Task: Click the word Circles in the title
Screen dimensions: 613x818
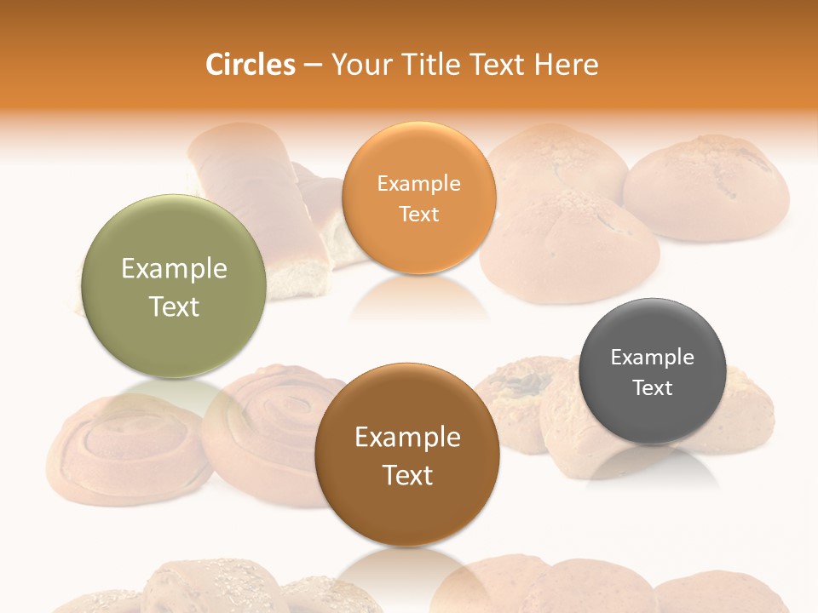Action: click(250, 65)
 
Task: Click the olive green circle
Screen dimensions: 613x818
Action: click(174, 286)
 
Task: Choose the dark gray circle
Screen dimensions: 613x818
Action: click(652, 371)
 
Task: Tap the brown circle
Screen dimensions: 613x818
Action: click(406, 455)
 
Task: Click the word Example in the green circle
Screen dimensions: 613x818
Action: click(174, 269)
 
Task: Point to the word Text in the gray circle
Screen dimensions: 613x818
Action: click(652, 388)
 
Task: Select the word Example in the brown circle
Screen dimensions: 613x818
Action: click(407, 438)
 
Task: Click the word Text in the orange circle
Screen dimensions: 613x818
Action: click(418, 215)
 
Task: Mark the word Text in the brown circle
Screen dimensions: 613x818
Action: click(407, 475)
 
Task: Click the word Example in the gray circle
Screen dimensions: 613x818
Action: click(652, 358)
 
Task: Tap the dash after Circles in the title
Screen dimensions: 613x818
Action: click(313, 66)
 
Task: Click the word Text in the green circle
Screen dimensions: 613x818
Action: click(174, 306)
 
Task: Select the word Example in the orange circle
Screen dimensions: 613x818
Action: click(418, 184)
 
